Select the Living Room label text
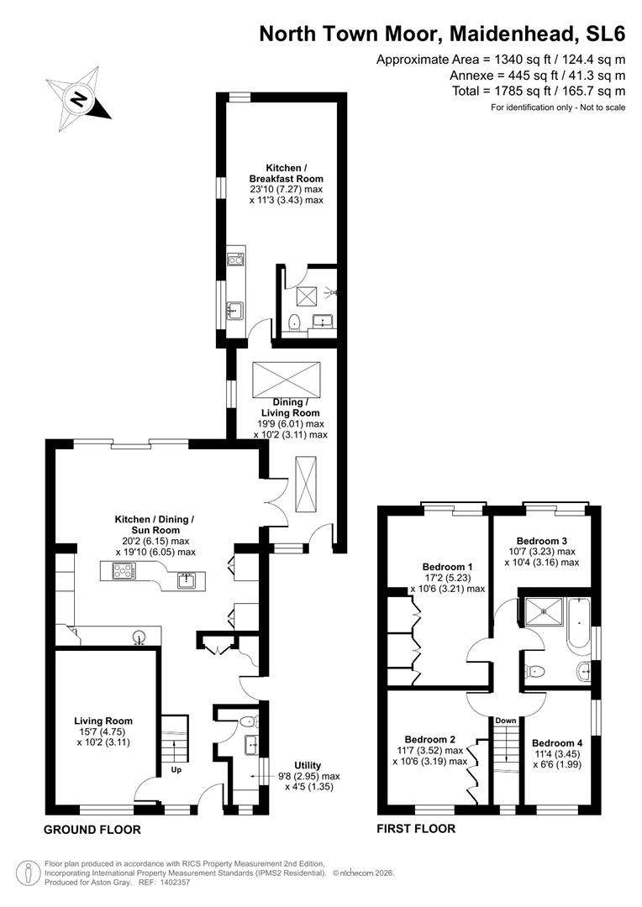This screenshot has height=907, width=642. click(103, 721)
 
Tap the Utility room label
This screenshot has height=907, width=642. click(308, 765)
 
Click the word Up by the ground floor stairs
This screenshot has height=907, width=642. click(176, 768)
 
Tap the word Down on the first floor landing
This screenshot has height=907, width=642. click(506, 721)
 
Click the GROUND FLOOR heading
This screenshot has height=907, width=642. click(92, 830)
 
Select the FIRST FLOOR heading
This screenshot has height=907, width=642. click(416, 829)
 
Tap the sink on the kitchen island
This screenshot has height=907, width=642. click(187, 579)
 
